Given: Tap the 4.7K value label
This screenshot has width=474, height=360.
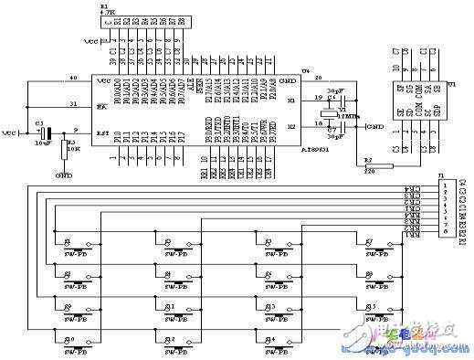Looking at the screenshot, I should point(109,13).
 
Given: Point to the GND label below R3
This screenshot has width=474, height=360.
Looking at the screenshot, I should point(64,174).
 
